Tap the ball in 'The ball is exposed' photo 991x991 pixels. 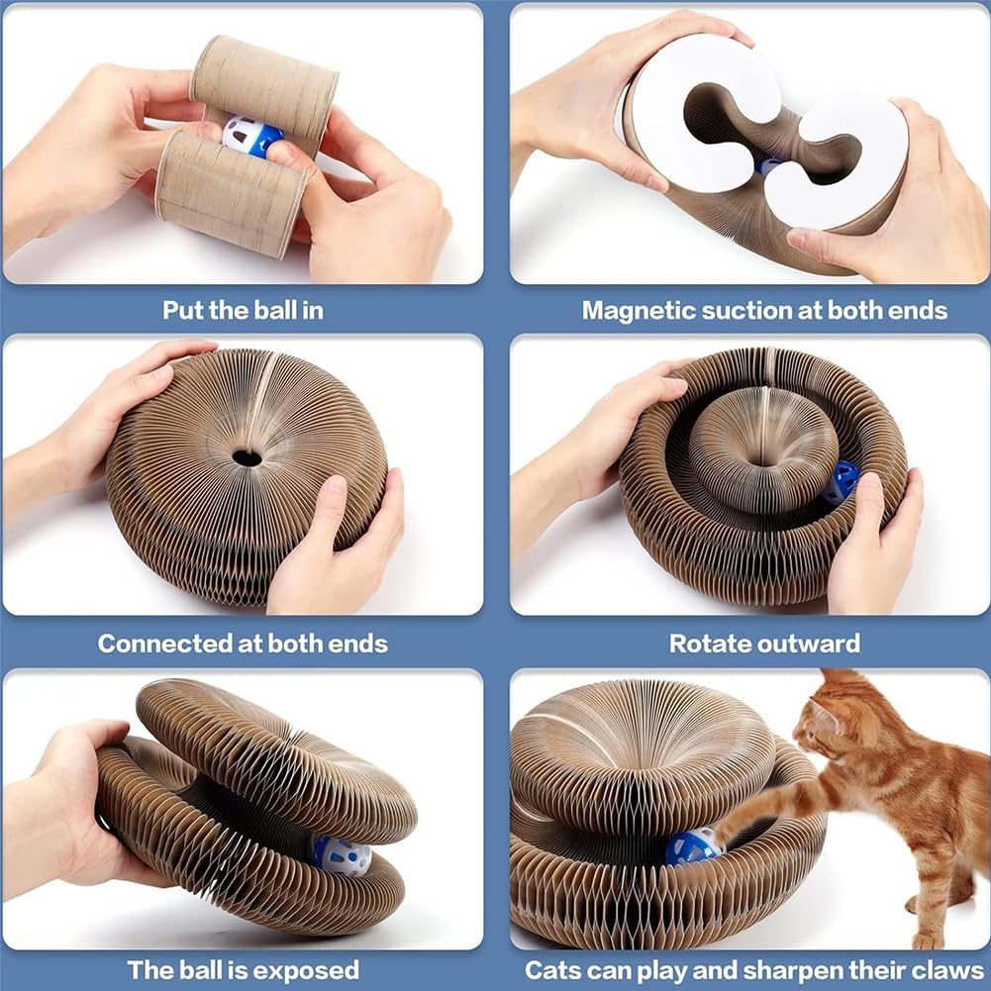(x=341, y=852)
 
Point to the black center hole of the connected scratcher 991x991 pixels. (x=247, y=457)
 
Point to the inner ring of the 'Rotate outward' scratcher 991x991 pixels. (x=761, y=446)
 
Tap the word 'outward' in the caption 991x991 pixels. (x=811, y=644)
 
